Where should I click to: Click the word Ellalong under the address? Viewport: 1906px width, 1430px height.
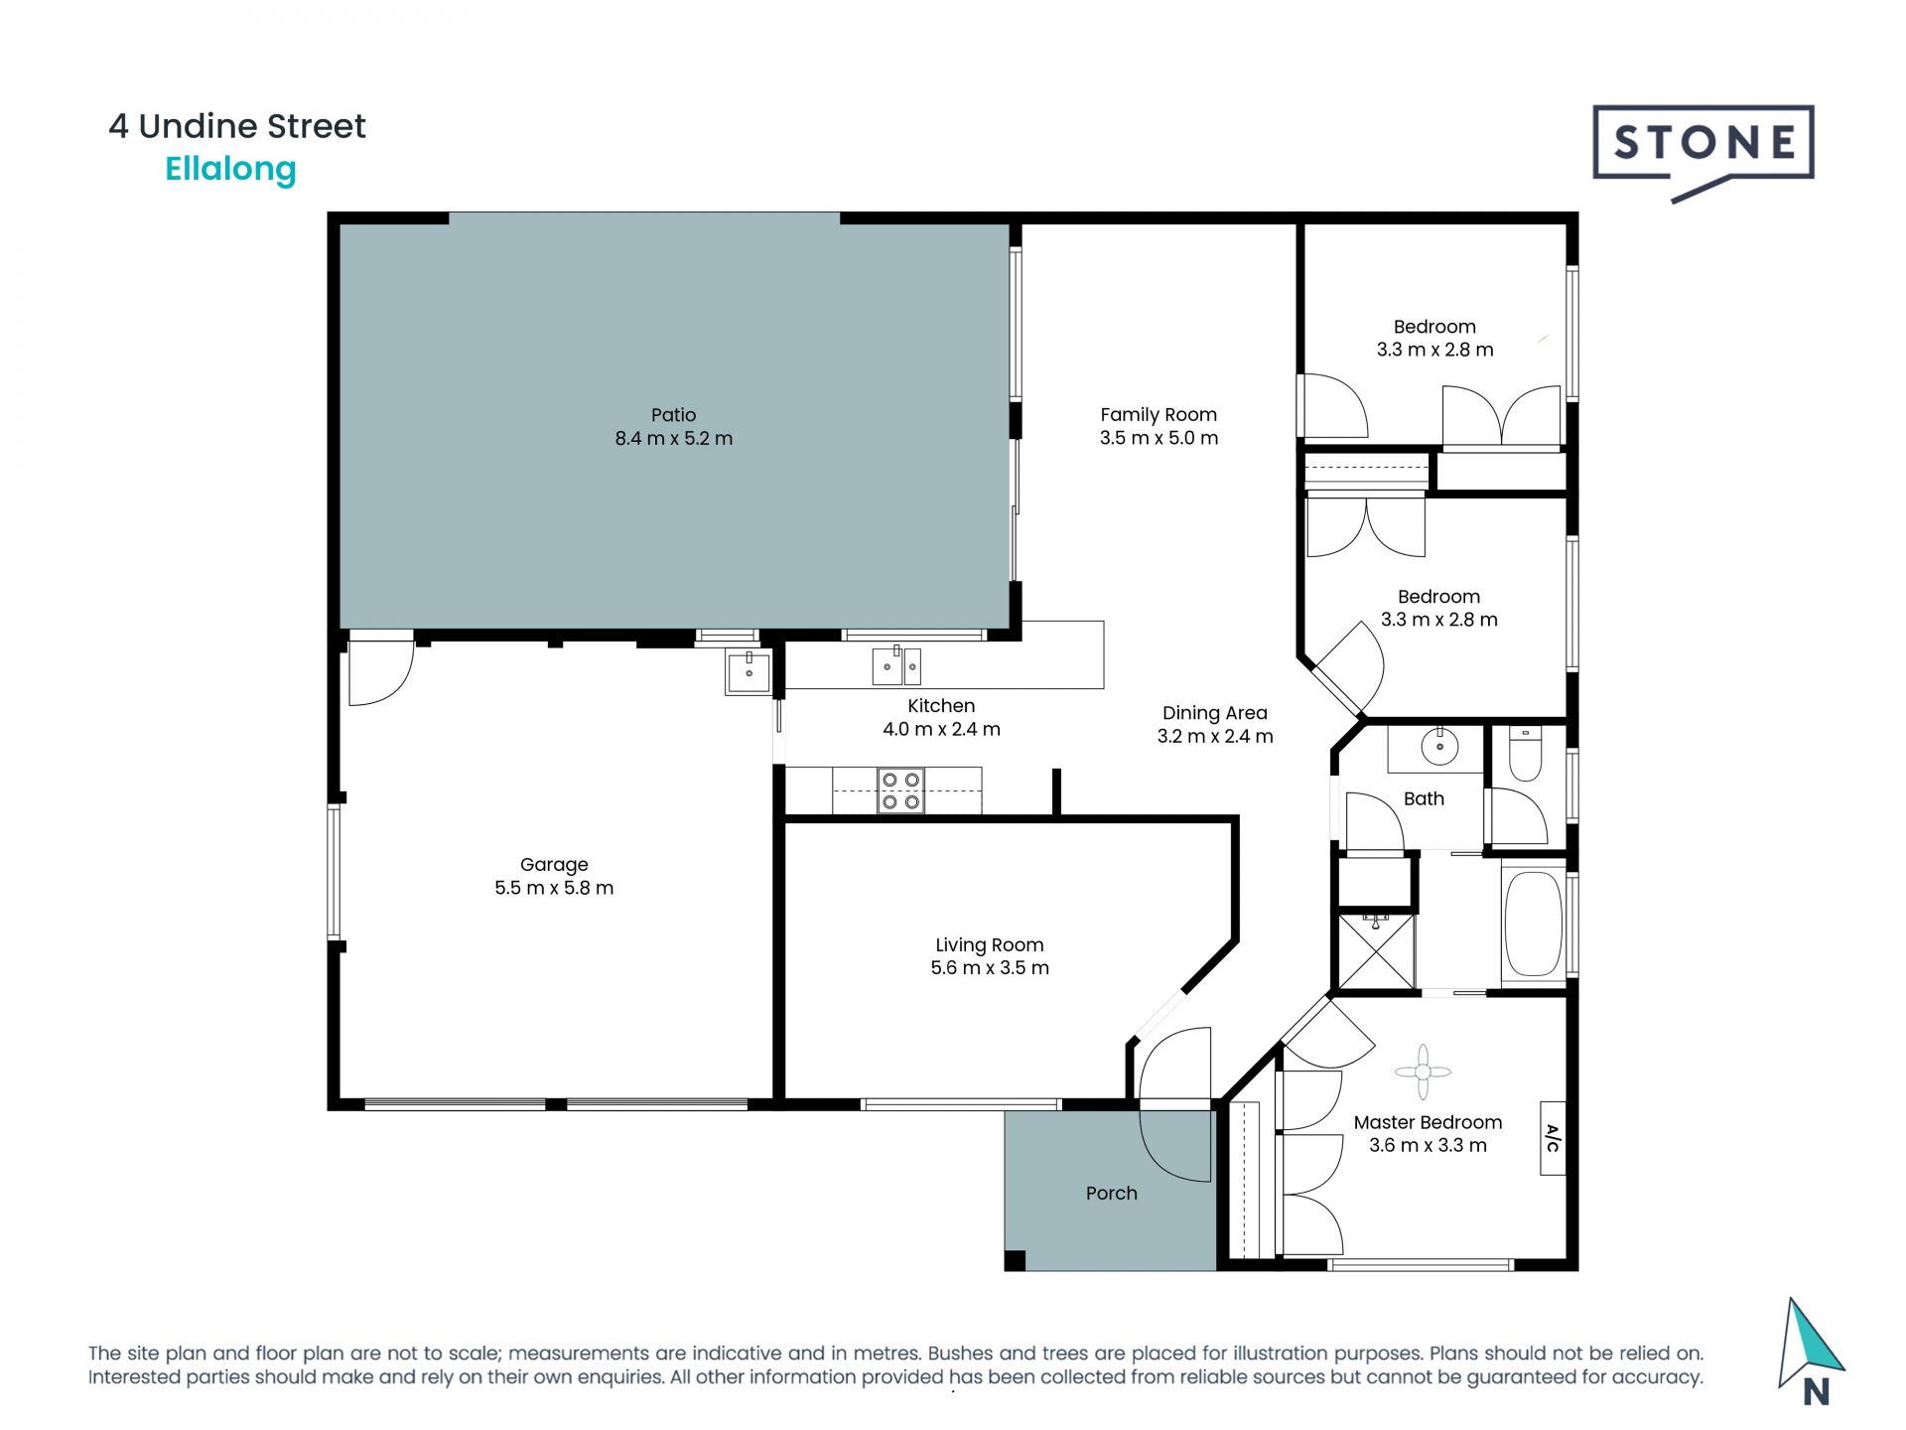[230, 170]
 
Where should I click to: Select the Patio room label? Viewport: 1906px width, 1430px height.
[673, 415]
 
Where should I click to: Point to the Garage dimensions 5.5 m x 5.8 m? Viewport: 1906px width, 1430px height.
[554, 888]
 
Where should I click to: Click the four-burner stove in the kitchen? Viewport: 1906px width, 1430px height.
[900, 791]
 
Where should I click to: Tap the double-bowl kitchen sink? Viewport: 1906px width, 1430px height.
[896, 666]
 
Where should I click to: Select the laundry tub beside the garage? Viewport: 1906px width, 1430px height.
[749, 671]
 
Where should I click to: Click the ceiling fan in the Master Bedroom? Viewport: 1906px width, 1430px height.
[1423, 1072]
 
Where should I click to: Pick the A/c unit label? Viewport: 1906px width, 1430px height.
[1553, 1138]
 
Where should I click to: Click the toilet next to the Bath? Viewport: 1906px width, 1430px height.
[1525, 754]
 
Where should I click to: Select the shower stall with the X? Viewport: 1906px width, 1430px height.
[1376, 950]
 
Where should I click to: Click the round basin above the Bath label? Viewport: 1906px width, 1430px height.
[1439, 746]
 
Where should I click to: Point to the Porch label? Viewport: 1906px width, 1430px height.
[1111, 1193]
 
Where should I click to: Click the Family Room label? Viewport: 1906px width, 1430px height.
[1158, 415]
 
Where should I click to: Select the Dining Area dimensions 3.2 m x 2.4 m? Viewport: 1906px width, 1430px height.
[1215, 736]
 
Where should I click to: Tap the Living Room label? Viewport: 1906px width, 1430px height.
[990, 945]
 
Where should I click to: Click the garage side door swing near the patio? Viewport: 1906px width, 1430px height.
[381, 672]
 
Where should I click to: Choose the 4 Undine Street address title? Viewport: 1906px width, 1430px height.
[237, 126]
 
